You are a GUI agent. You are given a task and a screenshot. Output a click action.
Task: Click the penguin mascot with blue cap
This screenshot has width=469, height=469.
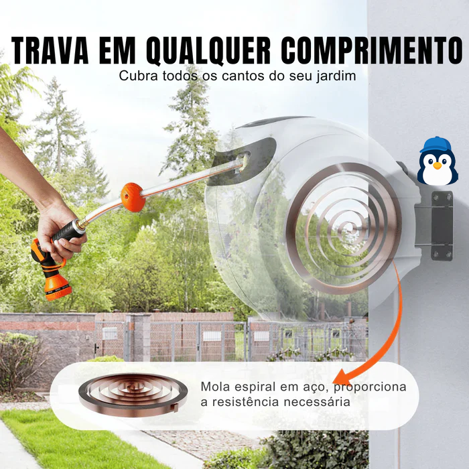pos(438,162)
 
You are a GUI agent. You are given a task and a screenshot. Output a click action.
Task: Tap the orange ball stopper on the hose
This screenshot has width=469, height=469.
pos(133,198)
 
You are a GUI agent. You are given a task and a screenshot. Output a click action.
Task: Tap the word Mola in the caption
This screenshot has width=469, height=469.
pos(214,387)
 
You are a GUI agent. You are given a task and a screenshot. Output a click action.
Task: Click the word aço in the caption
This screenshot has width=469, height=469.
pos(318,387)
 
